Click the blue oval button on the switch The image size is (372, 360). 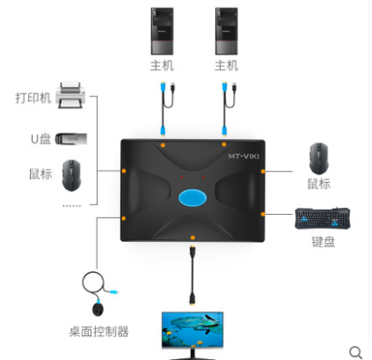(x=193, y=197)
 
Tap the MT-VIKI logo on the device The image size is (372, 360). (x=244, y=156)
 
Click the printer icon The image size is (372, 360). (x=70, y=95)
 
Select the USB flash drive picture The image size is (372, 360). (x=71, y=139)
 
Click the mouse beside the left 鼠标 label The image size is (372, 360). (x=71, y=175)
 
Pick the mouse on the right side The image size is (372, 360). (x=318, y=158)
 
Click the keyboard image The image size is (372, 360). (x=322, y=218)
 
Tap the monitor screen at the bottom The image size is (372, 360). (x=193, y=330)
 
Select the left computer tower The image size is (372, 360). (x=162, y=31)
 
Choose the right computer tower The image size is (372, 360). (x=226, y=31)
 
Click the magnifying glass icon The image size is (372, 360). (x=355, y=352)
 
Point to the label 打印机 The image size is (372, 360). (x=33, y=98)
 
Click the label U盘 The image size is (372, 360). (x=40, y=139)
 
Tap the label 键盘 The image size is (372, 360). (x=323, y=242)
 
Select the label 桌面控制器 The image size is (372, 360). (x=98, y=332)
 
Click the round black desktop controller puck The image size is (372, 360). (x=98, y=310)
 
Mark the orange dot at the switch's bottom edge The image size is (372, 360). (x=193, y=238)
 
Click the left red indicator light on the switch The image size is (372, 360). (x=182, y=178)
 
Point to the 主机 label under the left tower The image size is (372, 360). (x=162, y=66)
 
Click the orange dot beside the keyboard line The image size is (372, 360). (x=263, y=214)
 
